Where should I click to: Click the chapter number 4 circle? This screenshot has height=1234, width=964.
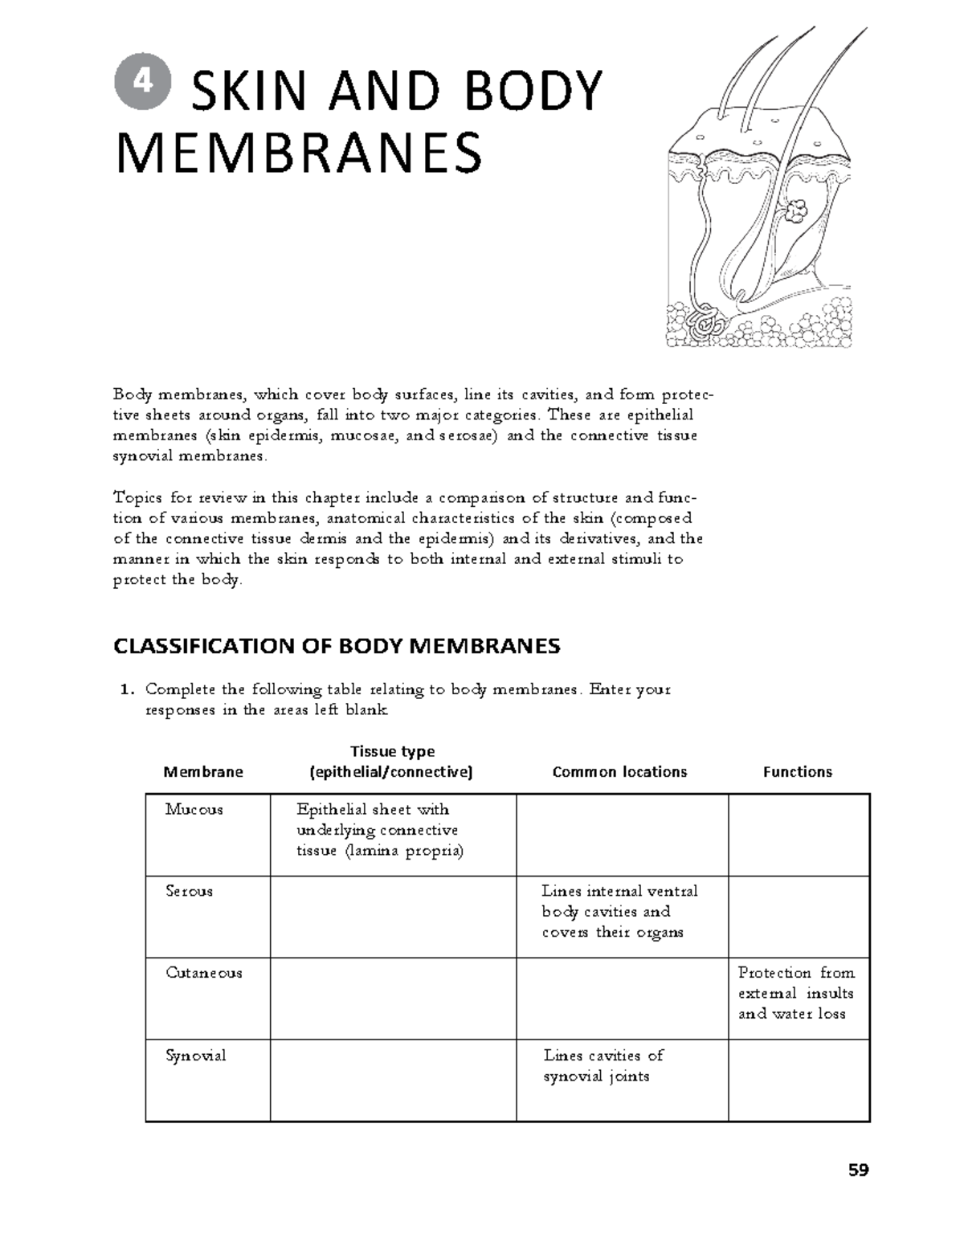point(143,84)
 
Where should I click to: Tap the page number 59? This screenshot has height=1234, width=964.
point(858,1171)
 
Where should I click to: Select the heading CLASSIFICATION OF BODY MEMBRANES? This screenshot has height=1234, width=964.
point(337,646)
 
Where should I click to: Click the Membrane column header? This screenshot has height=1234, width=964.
point(203,772)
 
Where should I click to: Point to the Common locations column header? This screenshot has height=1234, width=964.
point(619,772)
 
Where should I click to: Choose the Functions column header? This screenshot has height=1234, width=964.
point(797,772)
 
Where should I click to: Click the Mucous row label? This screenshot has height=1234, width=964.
point(194,810)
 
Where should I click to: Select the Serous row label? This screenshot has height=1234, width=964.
point(189,891)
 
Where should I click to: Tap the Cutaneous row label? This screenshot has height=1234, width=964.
point(203,973)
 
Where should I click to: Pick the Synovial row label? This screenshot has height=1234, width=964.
point(195,1056)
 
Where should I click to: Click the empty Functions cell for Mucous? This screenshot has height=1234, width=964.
point(799,835)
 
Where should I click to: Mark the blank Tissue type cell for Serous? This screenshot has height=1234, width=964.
point(393,917)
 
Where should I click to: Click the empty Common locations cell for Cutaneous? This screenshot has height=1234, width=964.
point(622,999)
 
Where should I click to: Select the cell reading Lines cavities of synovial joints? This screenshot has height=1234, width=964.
point(603,1066)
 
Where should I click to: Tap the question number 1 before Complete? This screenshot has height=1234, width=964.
point(125,690)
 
